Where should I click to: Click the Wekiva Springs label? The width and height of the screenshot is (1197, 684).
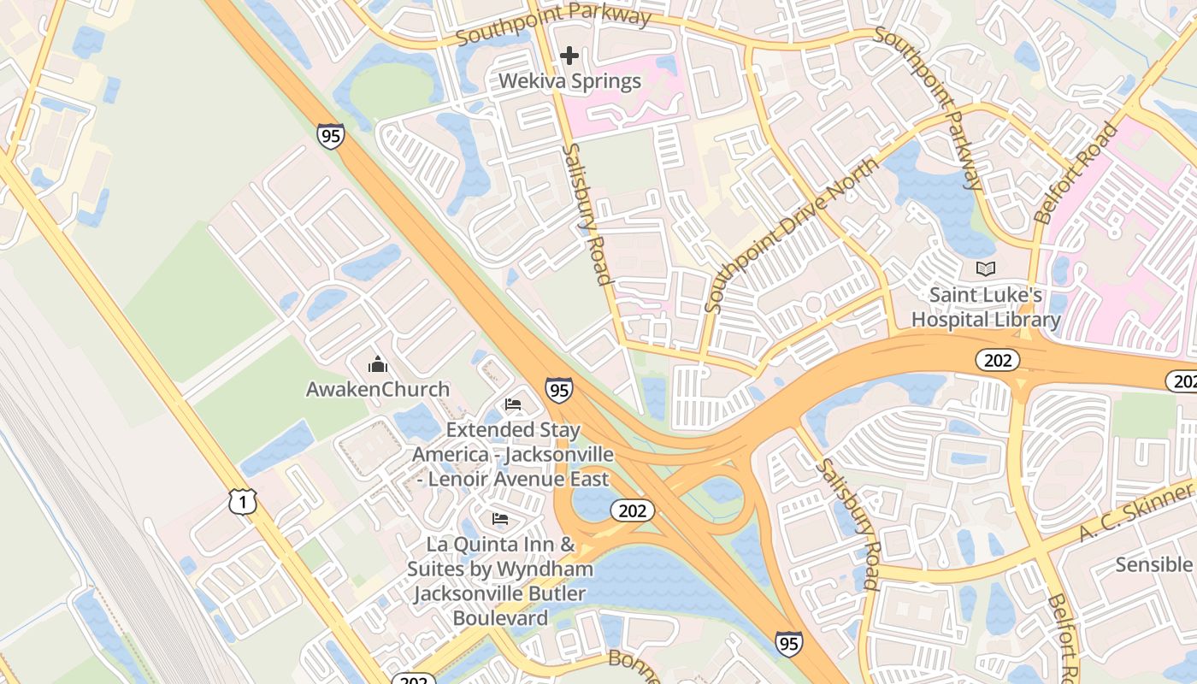(569, 82)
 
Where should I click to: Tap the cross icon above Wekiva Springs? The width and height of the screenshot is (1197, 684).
(569, 56)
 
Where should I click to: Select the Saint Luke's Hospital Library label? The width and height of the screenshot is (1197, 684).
(986, 307)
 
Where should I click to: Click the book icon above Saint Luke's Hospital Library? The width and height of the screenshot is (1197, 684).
(986, 269)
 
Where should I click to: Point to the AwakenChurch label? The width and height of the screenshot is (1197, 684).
(378, 389)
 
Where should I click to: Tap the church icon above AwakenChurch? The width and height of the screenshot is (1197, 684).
(378, 365)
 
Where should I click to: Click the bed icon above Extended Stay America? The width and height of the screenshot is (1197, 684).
(513, 404)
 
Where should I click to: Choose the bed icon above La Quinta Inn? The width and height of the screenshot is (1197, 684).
(500, 519)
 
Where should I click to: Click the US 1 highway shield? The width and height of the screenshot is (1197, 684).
(243, 502)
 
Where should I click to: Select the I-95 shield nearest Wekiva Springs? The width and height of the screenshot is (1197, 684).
(330, 135)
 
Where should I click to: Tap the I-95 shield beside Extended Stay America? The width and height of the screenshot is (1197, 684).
(559, 391)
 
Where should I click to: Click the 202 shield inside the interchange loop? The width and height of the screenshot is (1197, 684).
(633, 511)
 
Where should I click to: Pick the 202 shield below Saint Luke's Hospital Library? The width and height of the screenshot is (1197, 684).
(998, 360)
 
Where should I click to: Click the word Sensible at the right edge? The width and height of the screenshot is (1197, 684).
(1153, 564)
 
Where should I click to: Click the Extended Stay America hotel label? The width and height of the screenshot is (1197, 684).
(513, 454)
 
